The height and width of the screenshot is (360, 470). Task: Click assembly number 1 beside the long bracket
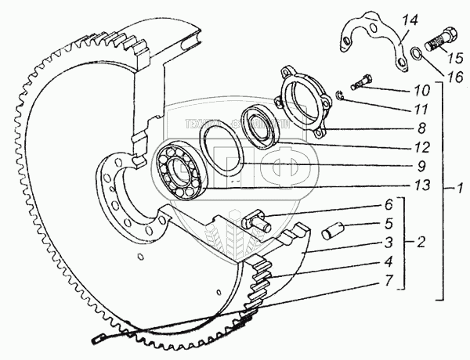[x=462, y=189]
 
